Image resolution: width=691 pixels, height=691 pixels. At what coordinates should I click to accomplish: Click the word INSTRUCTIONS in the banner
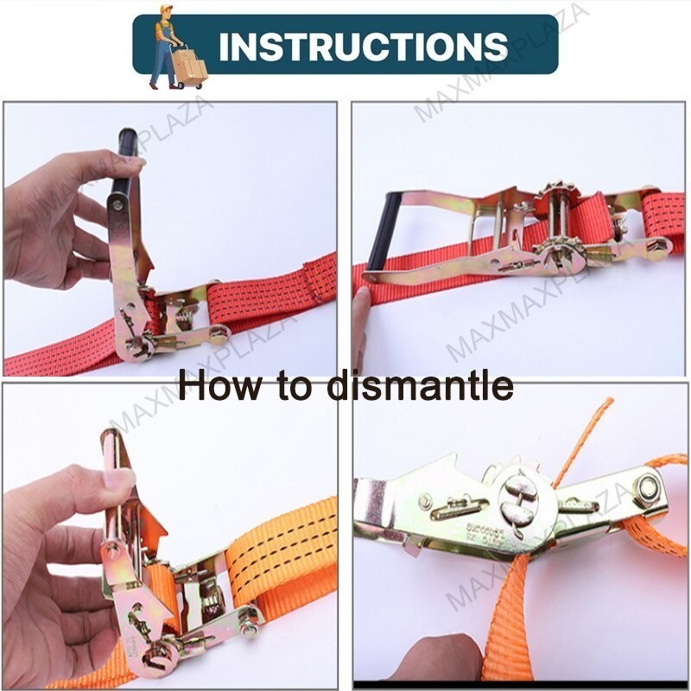[363, 46]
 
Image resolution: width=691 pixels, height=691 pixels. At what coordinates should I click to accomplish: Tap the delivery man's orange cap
[165, 11]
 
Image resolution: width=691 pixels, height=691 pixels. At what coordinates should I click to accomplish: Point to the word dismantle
[420, 385]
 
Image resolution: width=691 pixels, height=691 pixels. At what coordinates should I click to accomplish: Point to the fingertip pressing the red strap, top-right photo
[360, 298]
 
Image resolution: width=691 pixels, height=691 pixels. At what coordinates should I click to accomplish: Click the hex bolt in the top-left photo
[218, 332]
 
